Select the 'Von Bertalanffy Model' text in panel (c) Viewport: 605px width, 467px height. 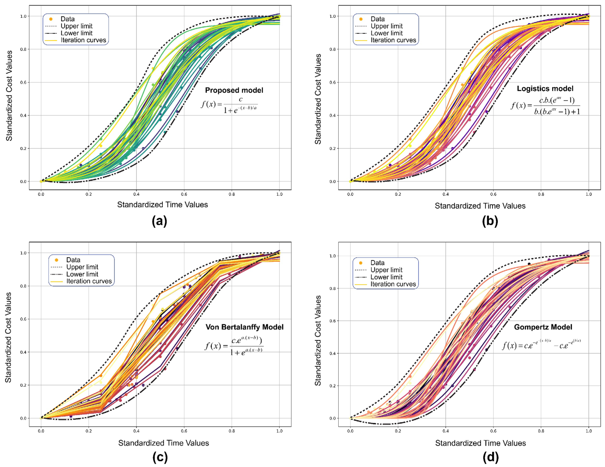tap(244, 327)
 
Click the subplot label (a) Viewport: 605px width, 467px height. tap(160, 221)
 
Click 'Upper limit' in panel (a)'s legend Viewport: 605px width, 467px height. tap(76, 26)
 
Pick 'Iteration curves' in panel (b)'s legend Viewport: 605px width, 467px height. tap(393, 40)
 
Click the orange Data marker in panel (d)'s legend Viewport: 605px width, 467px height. tap(361, 263)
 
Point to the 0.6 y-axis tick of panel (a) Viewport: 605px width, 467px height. tap(23, 82)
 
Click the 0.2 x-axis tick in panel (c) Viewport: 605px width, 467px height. tap(89, 431)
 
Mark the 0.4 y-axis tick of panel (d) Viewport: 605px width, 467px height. tap(332, 353)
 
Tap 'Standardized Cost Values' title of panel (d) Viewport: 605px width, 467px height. tap(318, 340)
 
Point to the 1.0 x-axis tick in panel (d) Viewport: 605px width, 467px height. tap(589, 431)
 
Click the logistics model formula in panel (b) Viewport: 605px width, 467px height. tap(545, 106)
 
